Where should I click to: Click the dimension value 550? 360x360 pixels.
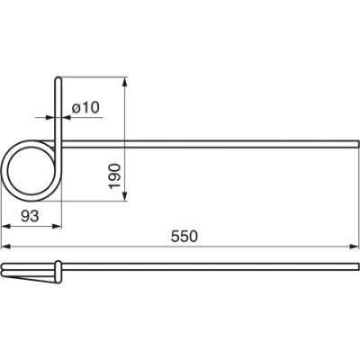[184, 237]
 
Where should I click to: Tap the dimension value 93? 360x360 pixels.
[30, 216]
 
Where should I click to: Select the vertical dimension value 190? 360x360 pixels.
[115, 176]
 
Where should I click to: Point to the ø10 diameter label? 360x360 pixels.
[85, 107]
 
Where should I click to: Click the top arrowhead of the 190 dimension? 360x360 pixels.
[125, 82]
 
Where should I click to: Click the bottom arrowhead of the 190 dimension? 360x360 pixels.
[125, 197]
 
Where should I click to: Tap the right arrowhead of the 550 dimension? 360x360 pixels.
[355, 247]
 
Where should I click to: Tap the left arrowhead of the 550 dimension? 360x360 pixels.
[6, 247]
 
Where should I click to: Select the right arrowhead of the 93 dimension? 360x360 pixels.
[57, 226]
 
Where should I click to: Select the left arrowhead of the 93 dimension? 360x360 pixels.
[6, 226]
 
